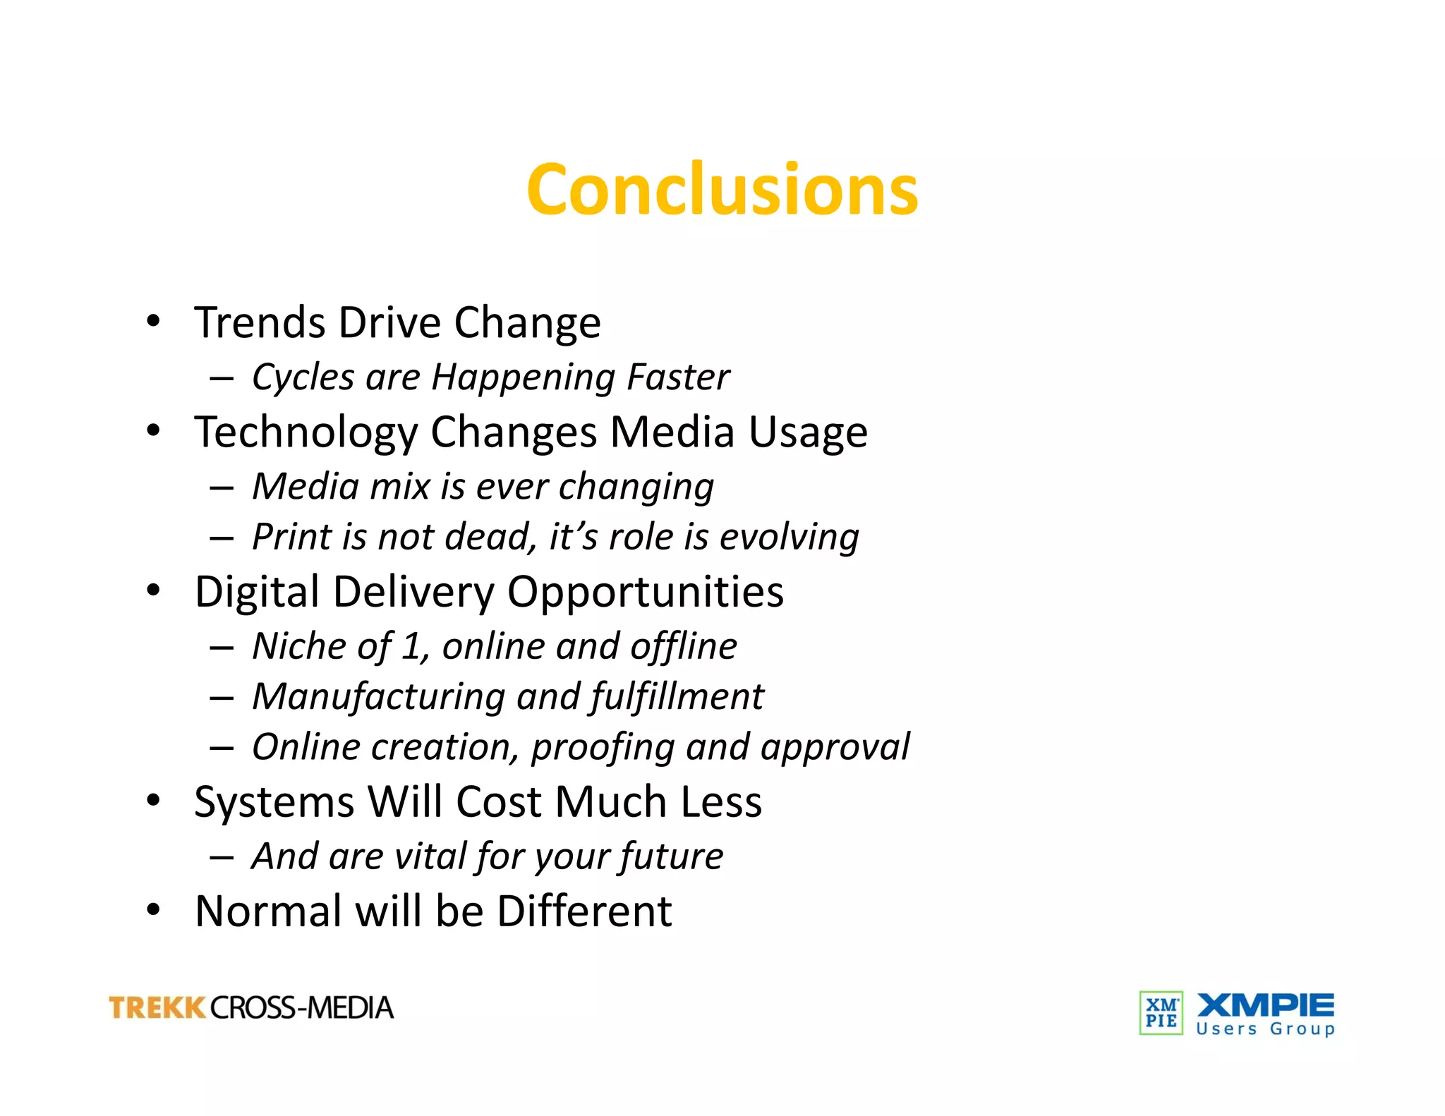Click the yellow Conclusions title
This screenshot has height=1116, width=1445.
pyautogui.click(x=722, y=189)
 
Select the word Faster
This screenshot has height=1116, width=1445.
pyautogui.click(x=678, y=377)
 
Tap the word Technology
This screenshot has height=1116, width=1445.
pyautogui.click(x=306, y=432)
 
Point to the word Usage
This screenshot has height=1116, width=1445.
pyautogui.click(x=808, y=432)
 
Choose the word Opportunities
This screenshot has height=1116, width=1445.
pyautogui.click(x=645, y=592)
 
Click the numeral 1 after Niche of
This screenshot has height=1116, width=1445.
pyautogui.click(x=411, y=646)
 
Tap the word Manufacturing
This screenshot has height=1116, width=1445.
pyautogui.click(x=379, y=697)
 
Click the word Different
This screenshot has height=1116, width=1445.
pyautogui.click(x=584, y=911)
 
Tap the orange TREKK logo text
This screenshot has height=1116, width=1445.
pyautogui.click(x=157, y=1008)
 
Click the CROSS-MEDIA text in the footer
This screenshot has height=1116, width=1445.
pyautogui.click(x=301, y=1008)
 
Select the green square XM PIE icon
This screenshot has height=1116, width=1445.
pyautogui.click(x=1161, y=1013)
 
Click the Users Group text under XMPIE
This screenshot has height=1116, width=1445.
pyautogui.click(x=1265, y=1029)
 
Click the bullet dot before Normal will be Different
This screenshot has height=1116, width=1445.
pyautogui.click(x=153, y=909)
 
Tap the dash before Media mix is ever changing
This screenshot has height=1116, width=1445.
pyautogui.click(x=222, y=487)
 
